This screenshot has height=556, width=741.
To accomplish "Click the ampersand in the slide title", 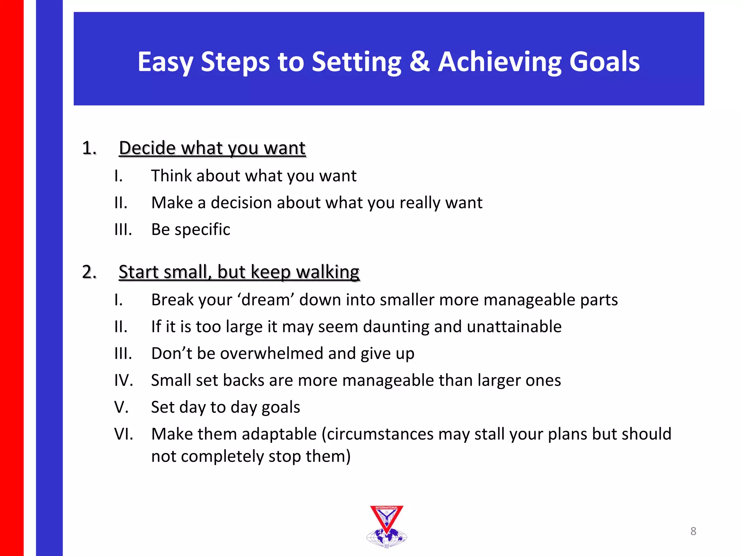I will pos(419,62).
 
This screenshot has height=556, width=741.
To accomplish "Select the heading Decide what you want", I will pos(212,148).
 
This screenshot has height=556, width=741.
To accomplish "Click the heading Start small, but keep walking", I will pos(239,272).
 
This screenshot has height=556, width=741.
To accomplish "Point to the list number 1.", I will pos(89,148).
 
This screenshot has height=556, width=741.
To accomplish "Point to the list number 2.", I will pos(89,272).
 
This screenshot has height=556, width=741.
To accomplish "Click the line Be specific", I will pos(190,229).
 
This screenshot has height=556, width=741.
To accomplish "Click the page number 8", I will pos(693,531).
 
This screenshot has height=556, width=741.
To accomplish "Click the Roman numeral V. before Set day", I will pos(122,407).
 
